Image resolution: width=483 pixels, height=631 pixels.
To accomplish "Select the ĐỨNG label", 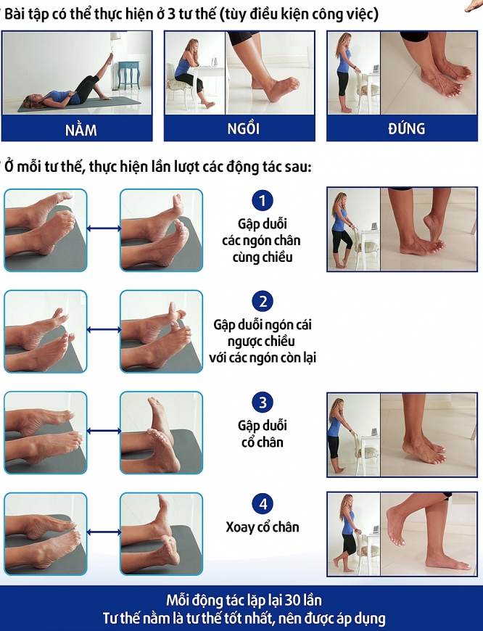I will click(405, 129).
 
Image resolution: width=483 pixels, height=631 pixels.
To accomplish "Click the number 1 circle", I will click(262, 201).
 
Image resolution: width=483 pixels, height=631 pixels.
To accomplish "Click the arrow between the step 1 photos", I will click(103, 229).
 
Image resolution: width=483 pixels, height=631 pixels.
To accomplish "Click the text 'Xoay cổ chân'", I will click(262, 527).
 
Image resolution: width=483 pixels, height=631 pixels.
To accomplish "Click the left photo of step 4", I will click(45, 534).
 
